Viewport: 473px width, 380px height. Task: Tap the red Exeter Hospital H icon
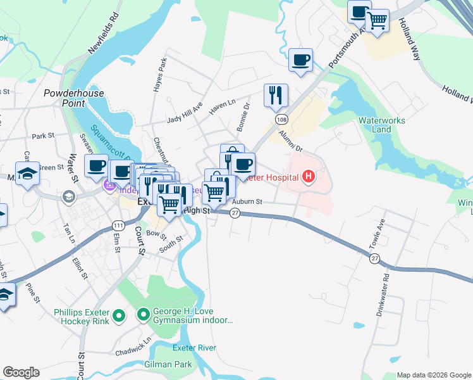tap(309, 175)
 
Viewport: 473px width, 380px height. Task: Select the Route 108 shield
tap(279, 120)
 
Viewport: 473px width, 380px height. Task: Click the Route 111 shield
tap(118, 226)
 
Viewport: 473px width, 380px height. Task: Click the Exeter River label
tap(196, 348)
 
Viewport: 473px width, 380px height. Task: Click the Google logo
tap(21, 372)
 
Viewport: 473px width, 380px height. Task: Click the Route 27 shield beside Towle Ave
tap(375, 258)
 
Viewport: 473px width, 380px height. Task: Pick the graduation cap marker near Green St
tap(28, 175)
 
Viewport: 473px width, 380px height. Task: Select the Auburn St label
tap(247, 202)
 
